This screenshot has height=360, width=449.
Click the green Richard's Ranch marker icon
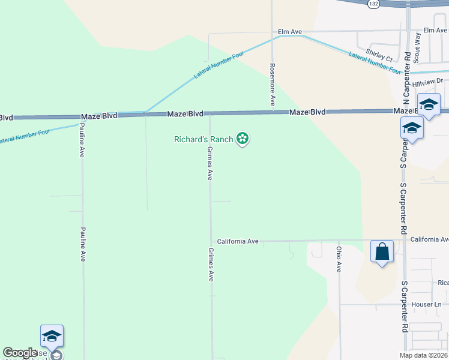[243, 139]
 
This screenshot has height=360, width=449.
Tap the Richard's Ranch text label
[203, 139]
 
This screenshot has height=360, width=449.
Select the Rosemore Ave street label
[272, 85]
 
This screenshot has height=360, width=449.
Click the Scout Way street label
[417, 44]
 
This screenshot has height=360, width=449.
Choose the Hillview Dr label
[427, 80]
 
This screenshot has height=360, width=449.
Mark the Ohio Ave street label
[339, 259]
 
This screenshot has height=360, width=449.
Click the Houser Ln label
[426, 304]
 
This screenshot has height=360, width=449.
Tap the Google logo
[20, 353]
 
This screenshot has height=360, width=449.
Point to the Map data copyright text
[423, 355]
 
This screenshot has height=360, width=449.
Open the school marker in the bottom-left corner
[52, 336]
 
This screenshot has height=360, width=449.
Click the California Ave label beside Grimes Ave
[238, 241]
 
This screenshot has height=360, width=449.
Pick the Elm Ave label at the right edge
[435, 30]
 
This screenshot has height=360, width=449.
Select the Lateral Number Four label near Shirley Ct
[375, 62]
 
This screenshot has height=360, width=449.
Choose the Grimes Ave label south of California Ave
[211, 265]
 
